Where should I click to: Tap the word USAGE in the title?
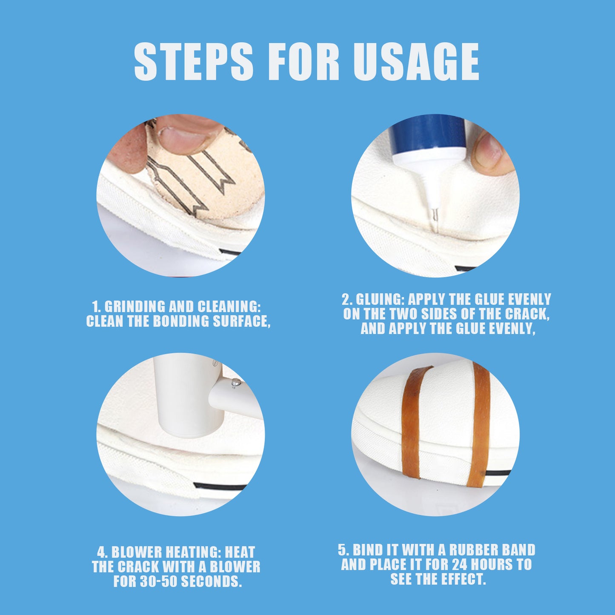pyautogui.click(x=416, y=62)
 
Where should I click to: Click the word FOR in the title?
pyautogui.click(x=303, y=62)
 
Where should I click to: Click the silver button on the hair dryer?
pyautogui.click(x=234, y=383)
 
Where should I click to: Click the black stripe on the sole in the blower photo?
pyautogui.click(x=219, y=486)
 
